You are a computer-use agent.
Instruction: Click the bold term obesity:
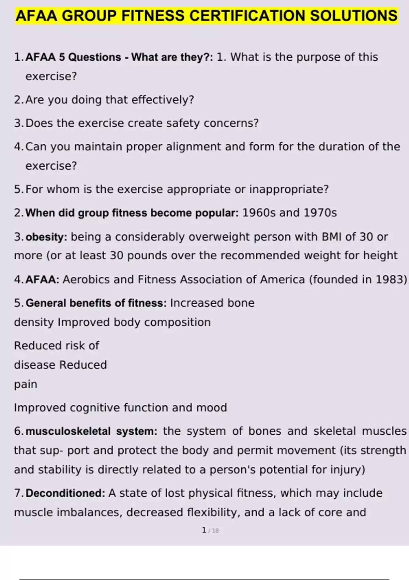pyautogui.click(x=46, y=237)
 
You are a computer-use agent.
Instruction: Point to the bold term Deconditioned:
pyautogui.click(x=65, y=493)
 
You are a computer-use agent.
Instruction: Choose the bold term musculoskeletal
pyautogui.click(x=68, y=431)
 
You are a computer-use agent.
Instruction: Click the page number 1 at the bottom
pyautogui.click(x=204, y=530)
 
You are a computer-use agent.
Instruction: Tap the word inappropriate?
pyautogui.click(x=289, y=189)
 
